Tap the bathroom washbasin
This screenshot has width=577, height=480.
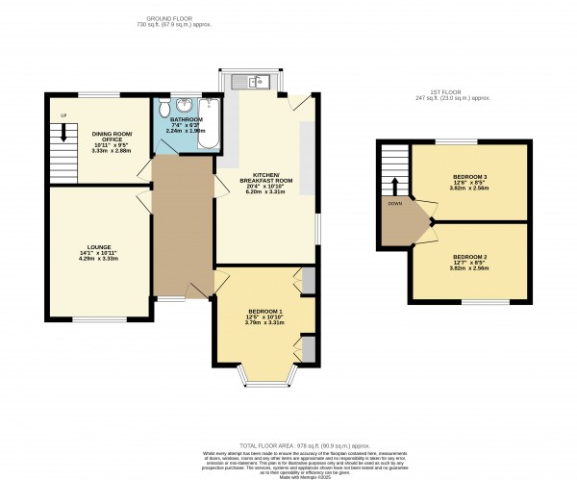(x=184, y=103)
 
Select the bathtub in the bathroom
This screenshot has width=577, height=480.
(x=208, y=124)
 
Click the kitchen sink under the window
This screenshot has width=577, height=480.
(x=258, y=81)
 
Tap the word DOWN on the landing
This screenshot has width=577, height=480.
(x=393, y=204)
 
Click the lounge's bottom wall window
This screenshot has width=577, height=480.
(x=97, y=319)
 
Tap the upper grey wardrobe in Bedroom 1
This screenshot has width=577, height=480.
(x=307, y=280)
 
